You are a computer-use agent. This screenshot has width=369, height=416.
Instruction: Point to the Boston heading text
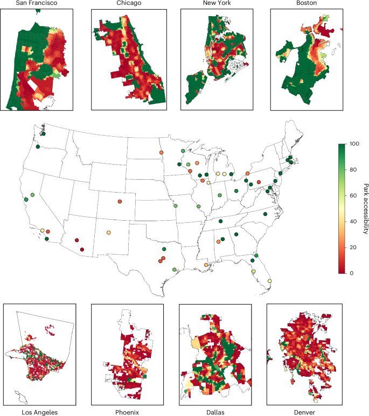coord(303,3)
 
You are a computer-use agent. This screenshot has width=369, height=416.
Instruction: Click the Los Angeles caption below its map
coord(39,412)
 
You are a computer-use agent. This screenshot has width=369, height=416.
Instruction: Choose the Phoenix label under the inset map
coord(127,412)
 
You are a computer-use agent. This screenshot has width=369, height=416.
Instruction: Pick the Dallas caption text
coord(214,412)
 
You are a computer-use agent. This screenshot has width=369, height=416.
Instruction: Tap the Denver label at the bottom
coord(302,412)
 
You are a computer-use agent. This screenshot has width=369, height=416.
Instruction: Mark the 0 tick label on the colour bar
coord(351,273)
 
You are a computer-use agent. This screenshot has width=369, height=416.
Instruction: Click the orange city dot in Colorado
coord(135,202)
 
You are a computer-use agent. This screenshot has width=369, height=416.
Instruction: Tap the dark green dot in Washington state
coord(44,133)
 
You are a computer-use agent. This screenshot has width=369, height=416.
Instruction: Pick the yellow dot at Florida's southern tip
coord(269,281)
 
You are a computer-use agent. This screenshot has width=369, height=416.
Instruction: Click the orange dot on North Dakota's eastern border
coord(162,153)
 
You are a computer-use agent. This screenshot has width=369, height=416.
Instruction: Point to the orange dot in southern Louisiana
coord(206,265)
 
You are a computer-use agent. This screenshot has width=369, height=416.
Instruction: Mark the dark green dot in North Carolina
coord(280,214)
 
